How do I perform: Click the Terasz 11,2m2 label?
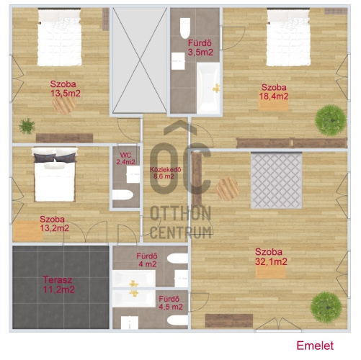pos(59,284)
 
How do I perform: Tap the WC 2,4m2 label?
pos(125,158)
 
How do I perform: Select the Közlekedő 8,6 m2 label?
pos(165,173)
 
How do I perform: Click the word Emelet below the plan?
pos(315,346)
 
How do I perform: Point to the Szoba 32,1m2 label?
pos(271,256)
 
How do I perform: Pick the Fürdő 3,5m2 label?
pos(200,48)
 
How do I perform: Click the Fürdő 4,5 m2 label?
pos(171,303)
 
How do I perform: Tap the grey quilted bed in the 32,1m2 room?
pos(276,180)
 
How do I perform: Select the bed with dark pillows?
pos(55,174)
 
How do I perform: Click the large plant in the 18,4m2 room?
pos(331,120)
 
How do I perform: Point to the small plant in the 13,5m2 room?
pos(27,126)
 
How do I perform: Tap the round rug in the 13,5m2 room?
pos(64,104)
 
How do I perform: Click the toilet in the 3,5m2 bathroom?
pos(185,28)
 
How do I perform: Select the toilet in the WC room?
pos(122,194)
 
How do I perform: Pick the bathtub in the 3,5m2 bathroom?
pos(208,88)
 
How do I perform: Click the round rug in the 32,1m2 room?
pos(228,189)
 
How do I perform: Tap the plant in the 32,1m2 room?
pos(326,307)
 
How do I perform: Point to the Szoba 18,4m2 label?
pos(274,91)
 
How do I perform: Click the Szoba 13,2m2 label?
pos(54,224)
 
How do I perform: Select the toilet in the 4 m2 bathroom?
pos(177,258)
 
